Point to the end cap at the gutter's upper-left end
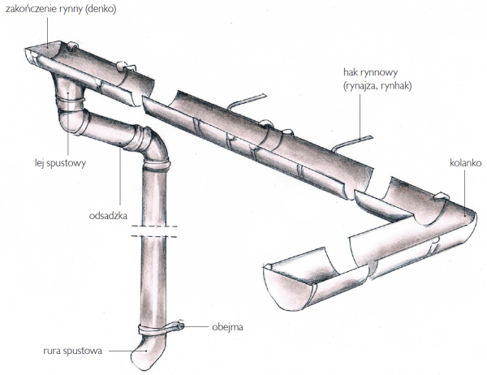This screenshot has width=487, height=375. click(x=32, y=57)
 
